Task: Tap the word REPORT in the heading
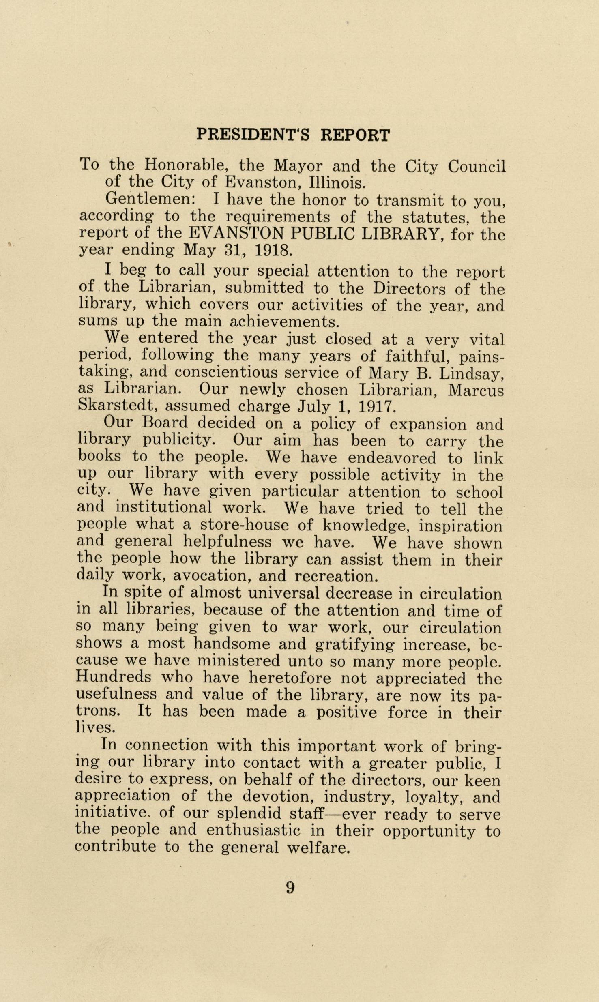(x=355, y=135)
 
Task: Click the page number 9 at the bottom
(x=290, y=888)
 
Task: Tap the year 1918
(x=273, y=250)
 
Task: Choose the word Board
(x=165, y=423)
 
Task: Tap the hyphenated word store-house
(x=245, y=526)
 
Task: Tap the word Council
(x=477, y=166)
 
